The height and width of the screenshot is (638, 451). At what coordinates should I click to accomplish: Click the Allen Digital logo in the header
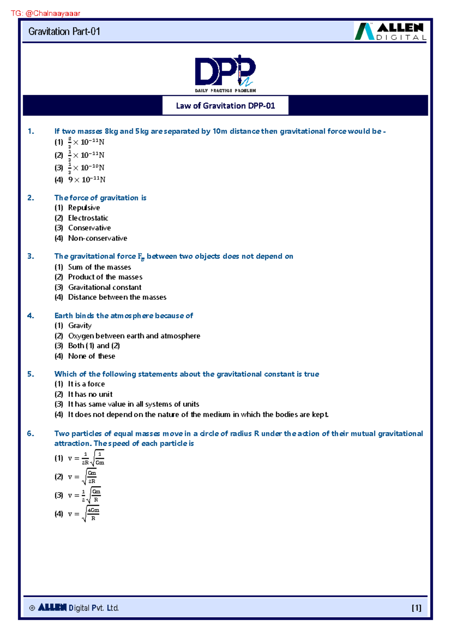coord(390,32)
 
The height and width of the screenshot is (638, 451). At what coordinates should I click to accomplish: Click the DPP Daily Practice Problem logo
coord(225,74)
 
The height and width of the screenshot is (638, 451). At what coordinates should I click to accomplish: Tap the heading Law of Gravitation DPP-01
coord(225,106)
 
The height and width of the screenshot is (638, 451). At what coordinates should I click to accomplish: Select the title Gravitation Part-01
coord(64,32)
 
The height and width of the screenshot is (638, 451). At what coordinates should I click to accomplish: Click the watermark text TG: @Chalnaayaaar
coord(45,14)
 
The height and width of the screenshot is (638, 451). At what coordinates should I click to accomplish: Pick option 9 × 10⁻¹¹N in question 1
coord(86,180)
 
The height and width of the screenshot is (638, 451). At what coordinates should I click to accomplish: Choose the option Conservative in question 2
coord(89,228)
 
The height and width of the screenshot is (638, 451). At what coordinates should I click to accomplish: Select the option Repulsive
coord(84,208)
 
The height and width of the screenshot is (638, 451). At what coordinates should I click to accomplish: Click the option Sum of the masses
coord(100,267)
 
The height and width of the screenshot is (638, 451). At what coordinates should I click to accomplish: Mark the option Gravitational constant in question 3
coord(105,287)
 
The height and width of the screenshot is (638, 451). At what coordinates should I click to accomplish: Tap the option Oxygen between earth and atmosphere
coord(134,336)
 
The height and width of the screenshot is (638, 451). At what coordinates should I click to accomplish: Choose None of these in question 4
coord(92,356)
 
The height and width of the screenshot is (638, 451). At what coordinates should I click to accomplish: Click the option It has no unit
coord(90,394)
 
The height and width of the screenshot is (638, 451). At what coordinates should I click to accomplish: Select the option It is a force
coord(86,384)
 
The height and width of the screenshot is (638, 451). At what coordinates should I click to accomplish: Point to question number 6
coord(30,434)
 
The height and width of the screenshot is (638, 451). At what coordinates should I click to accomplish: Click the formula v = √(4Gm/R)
coord(84,514)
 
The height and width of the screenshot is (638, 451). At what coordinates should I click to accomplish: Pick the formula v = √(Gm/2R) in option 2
coord(83,477)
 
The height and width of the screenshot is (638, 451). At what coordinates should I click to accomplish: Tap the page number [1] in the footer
coord(416,608)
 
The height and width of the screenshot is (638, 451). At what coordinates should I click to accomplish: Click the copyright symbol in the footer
coord(32,608)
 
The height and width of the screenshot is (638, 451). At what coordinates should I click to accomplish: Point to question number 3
coord(30,257)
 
